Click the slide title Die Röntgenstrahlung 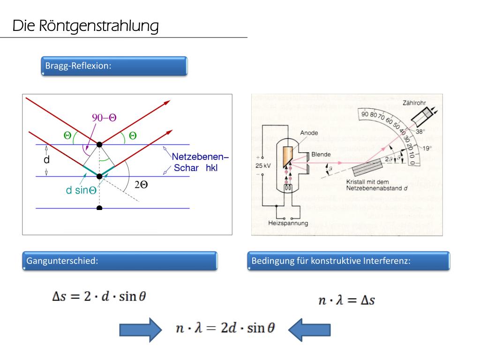click(x=85, y=26)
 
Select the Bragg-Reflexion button click(x=114, y=66)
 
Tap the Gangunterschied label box click(x=120, y=261)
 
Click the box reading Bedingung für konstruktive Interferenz click(x=348, y=261)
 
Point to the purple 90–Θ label click(x=104, y=118)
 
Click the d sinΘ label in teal click(x=81, y=190)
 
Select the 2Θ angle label click(x=141, y=185)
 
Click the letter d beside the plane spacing click(x=46, y=160)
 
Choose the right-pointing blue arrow click(x=140, y=331)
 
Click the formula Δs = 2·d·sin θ click(x=99, y=297)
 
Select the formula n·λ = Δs click(x=346, y=300)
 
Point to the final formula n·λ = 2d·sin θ click(x=225, y=328)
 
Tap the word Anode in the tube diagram click(x=309, y=133)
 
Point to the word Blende click(x=321, y=154)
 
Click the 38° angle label click(x=421, y=132)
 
